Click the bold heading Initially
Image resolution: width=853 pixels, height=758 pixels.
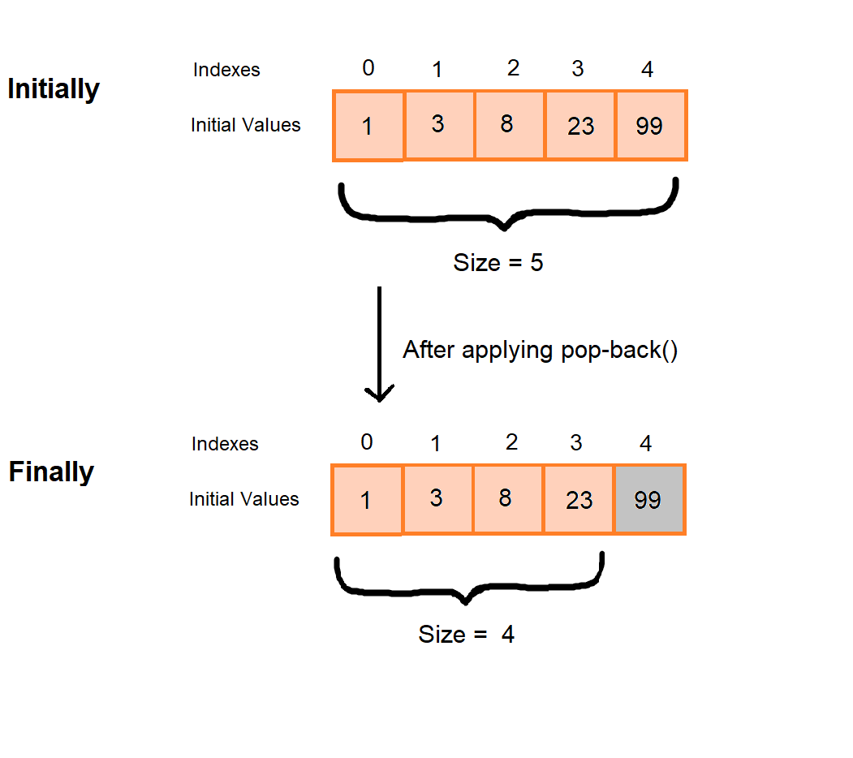54,88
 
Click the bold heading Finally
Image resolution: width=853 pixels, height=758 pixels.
51,472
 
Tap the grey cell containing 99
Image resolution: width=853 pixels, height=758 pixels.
649,500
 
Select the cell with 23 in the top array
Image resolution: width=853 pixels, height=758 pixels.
580,125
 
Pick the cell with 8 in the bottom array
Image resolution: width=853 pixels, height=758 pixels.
507,498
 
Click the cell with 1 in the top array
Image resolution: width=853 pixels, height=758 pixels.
368,126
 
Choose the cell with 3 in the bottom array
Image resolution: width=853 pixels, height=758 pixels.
437,498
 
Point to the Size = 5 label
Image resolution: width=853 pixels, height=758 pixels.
498,263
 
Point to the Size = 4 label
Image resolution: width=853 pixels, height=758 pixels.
467,634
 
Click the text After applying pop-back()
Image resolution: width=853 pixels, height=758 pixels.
540,350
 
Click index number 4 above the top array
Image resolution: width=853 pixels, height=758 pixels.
647,70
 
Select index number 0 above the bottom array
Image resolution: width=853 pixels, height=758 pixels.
367,442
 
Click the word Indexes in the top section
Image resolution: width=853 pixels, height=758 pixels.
226,70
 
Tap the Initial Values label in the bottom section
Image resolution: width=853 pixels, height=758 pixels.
244,499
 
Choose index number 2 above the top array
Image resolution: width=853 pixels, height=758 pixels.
513,68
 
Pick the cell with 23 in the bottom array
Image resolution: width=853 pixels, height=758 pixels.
579,500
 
